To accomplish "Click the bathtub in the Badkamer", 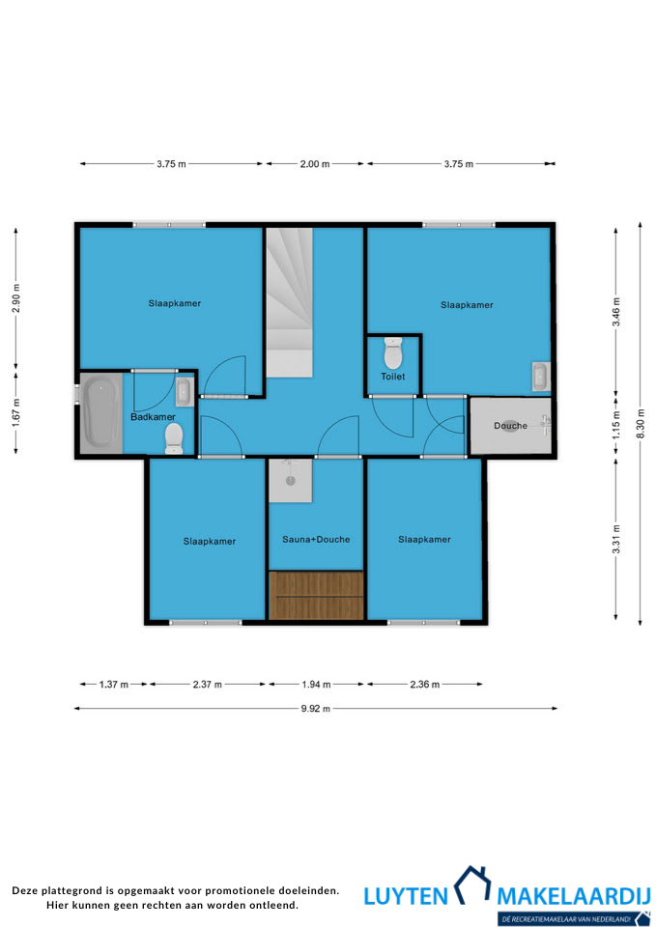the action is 101,412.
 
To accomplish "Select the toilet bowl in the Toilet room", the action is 393,353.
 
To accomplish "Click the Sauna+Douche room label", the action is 316,539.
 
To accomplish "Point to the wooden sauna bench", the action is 316,596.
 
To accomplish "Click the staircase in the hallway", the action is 289,302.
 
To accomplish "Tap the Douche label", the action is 510,426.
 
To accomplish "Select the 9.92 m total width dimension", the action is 316,708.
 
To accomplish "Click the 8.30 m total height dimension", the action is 641,423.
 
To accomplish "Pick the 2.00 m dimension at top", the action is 315,164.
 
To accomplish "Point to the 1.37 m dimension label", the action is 114,684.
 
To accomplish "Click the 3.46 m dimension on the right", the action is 615,312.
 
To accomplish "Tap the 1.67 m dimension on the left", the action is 16,412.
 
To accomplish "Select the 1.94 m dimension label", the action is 317,684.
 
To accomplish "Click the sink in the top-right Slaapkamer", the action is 541,377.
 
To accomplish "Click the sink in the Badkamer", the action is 184,391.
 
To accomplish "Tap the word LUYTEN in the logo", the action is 406,896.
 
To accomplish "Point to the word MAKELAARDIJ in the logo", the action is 574,896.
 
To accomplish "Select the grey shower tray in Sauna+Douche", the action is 291,481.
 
